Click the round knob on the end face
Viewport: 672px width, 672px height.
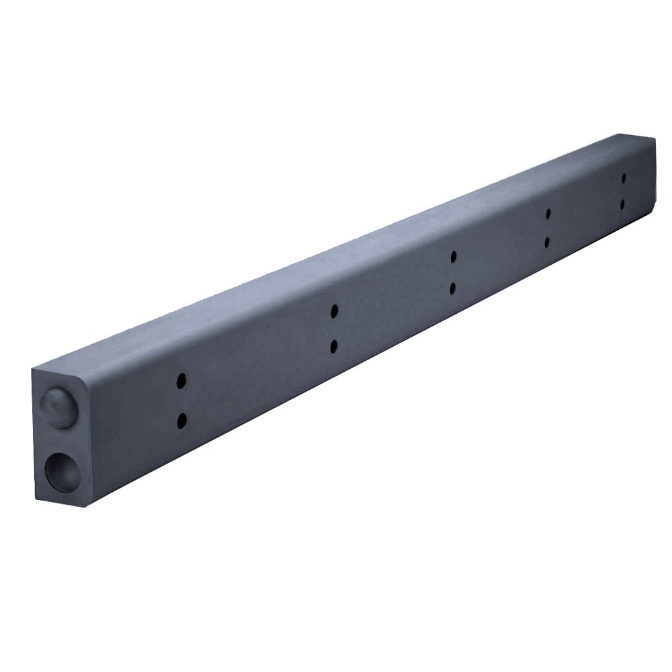(x=57, y=407)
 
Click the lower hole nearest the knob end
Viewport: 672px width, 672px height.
(x=181, y=421)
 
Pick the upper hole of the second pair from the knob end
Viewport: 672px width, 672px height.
(x=334, y=311)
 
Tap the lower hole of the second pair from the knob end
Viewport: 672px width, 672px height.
(x=334, y=346)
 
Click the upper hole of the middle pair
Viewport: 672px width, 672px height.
(x=454, y=257)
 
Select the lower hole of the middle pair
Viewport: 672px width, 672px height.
(x=454, y=288)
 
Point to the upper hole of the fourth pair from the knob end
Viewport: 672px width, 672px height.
(x=548, y=214)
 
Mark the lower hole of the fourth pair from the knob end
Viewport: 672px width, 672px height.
(x=548, y=241)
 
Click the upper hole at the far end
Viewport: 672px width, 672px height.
(x=624, y=178)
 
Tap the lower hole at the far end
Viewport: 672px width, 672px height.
(x=624, y=203)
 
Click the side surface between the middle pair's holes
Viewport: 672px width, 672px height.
(x=454, y=273)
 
